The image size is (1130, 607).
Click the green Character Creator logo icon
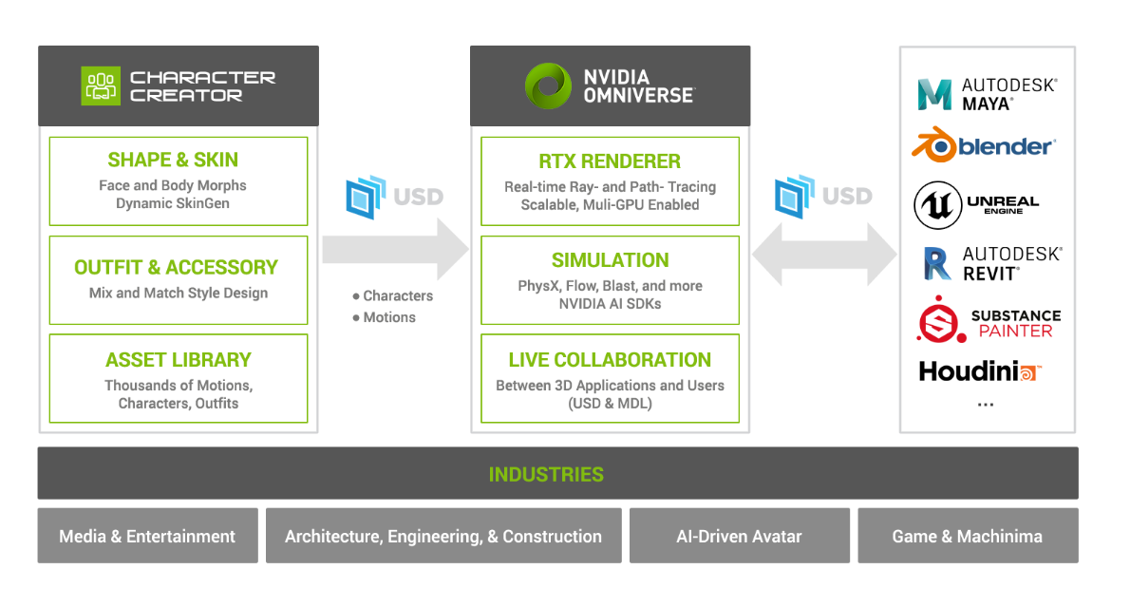click(101, 86)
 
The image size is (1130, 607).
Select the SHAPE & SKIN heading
click(173, 160)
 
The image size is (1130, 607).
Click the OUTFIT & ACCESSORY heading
click(176, 267)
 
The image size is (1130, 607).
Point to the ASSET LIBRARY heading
click(179, 360)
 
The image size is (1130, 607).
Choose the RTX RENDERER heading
click(609, 161)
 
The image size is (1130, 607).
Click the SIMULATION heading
click(610, 260)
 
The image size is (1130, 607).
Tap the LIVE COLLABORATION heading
click(610, 360)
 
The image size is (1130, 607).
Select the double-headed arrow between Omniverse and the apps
click(824, 255)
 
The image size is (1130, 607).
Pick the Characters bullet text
click(398, 296)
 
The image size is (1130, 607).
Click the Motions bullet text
click(389, 317)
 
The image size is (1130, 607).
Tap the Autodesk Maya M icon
click(935, 95)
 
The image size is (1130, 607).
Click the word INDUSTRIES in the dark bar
click(546, 474)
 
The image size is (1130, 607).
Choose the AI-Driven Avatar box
click(739, 537)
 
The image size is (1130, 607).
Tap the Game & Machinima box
click(967, 537)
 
